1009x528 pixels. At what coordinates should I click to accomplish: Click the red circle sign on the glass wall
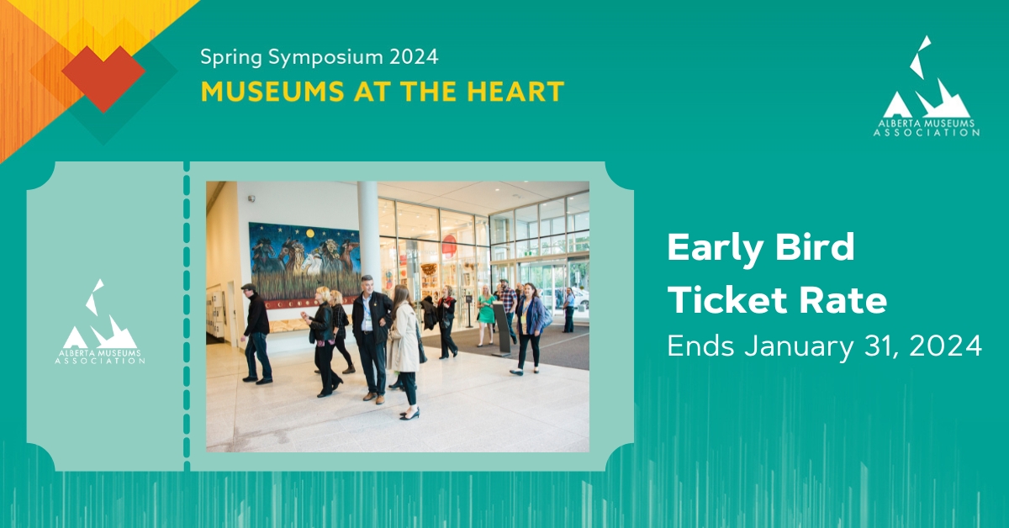click(449, 245)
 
